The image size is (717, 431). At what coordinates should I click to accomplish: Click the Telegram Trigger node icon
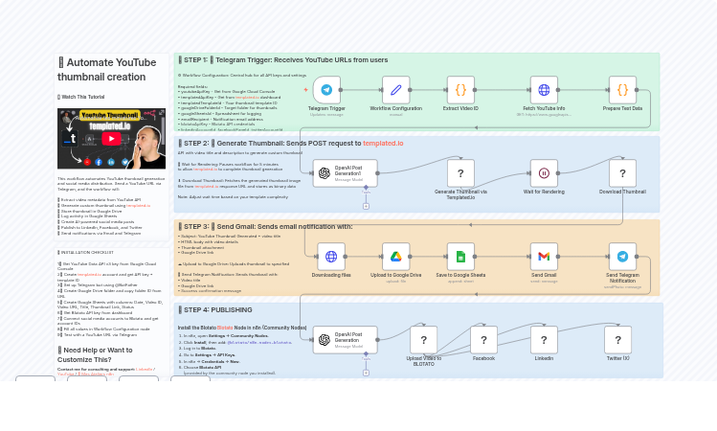pyautogui.click(x=326, y=90)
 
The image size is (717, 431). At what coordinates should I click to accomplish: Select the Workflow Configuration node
pyautogui.click(x=395, y=90)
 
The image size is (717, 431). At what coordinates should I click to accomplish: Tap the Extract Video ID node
pyautogui.click(x=460, y=90)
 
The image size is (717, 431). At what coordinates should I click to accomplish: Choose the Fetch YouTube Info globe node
pyautogui.click(x=544, y=90)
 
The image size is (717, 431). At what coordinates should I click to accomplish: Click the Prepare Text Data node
pyautogui.click(x=622, y=90)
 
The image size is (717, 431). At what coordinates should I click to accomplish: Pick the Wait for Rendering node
pyautogui.click(x=544, y=173)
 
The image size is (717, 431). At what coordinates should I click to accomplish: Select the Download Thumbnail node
pyautogui.click(x=622, y=173)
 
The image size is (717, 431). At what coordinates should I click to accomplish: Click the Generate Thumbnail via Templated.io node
pyautogui.click(x=460, y=173)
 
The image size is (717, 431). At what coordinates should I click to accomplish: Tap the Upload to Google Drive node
pyautogui.click(x=395, y=256)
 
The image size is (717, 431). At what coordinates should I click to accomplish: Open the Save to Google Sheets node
pyautogui.click(x=460, y=256)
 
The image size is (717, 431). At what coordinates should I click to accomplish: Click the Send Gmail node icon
pyautogui.click(x=544, y=256)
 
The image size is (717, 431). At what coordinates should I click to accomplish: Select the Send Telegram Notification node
pyautogui.click(x=622, y=256)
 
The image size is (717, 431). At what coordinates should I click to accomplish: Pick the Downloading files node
pyautogui.click(x=331, y=256)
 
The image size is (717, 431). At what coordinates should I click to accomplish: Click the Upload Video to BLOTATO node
pyautogui.click(x=423, y=339)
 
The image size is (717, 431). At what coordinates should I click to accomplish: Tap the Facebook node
pyautogui.click(x=483, y=339)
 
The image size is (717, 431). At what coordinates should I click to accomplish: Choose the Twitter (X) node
pyautogui.click(x=617, y=339)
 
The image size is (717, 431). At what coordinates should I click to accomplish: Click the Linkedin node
pyautogui.click(x=544, y=339)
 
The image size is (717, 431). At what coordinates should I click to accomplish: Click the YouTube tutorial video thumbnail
pyautogui.click(x=111, y=139)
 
